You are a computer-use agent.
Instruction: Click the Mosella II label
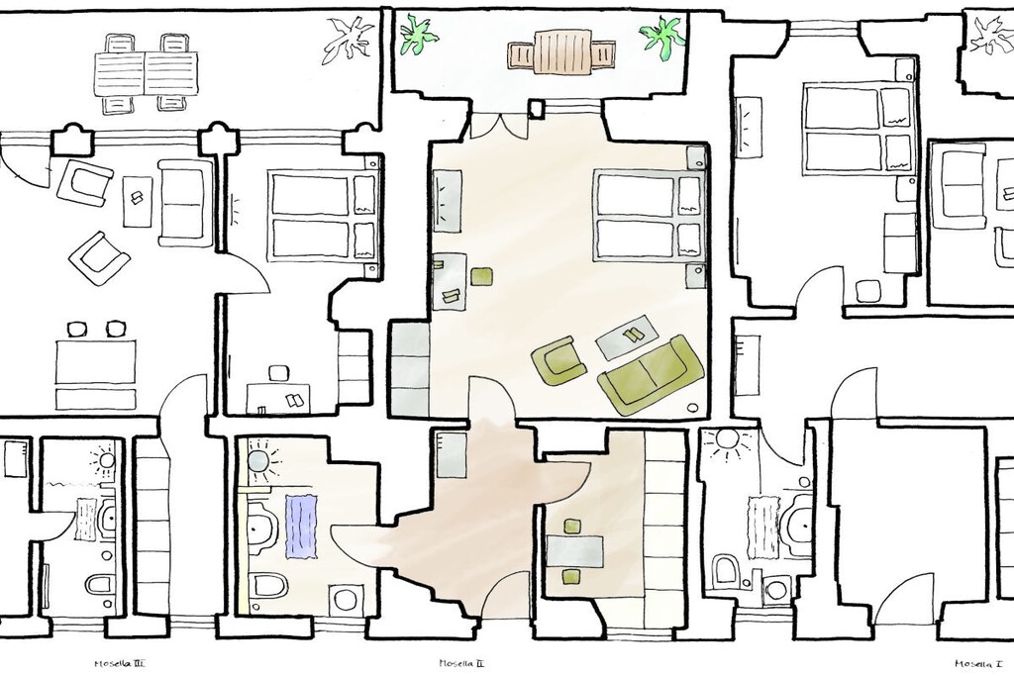tap(461, 663)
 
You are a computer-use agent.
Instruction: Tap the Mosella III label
tap(120, 663)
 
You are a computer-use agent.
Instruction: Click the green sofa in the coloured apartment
tap(651, 374)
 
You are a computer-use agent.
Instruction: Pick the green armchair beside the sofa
tap(558, 361)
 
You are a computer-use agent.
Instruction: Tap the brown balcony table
tap(560, 52)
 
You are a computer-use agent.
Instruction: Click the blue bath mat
tap(301, 527)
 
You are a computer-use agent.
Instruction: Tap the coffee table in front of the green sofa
tap(627, 337)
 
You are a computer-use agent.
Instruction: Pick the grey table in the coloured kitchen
tap(575, 551)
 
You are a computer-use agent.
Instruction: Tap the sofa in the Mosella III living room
tap(185, 203)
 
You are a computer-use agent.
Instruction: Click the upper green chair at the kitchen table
tap(571, 527)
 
